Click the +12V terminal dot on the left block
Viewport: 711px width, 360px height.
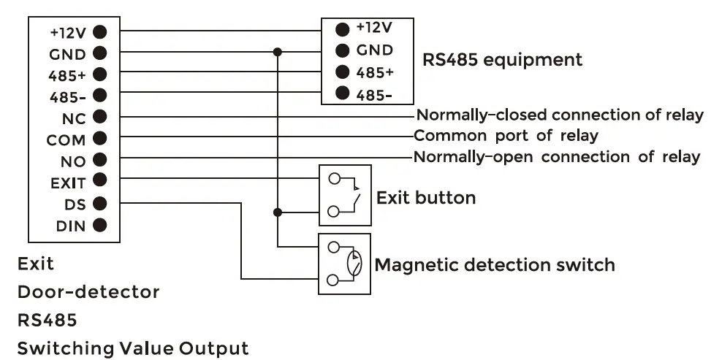click(x=100, y=32)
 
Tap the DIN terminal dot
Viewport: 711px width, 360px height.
click(x=100, y=226)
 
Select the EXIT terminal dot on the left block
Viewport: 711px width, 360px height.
click(x=100, y=180)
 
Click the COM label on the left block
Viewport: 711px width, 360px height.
click(x=66, y=139)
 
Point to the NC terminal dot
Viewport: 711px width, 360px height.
click(x=100, y=116)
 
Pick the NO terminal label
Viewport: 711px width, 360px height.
click(x=75, y=162)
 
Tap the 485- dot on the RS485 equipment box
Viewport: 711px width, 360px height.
click(x=341, y=93)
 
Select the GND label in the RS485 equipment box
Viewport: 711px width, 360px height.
click(x=374, y=50)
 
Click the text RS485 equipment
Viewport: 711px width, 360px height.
click(x=503, y=59)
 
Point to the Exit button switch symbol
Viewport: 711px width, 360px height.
click(x=345, y=194)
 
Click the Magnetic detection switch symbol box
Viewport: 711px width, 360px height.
click(x=345, y=264)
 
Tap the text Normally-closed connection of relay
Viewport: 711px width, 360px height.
click(x=560, y=115)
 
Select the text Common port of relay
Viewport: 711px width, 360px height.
click(x=506, y=135)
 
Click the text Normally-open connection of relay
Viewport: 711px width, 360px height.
click(x=557, y=156)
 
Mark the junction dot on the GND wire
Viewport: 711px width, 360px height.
click(x=277, y=52)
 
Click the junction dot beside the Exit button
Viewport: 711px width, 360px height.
click(x=277, y=212)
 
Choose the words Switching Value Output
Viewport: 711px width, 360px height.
click(x=133, y=348)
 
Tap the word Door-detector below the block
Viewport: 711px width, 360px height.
click(x=88, y=292)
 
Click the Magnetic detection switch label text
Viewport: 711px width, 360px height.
click(x=495, y=264)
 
